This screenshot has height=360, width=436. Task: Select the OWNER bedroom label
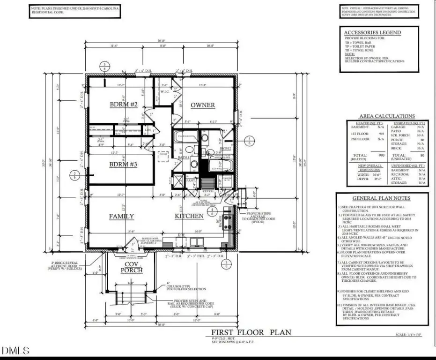203,105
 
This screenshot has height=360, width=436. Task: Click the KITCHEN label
189,216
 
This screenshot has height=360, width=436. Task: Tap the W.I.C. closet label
164,92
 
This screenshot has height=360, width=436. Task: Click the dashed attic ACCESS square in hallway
163,156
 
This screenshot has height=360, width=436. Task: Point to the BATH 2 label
225,148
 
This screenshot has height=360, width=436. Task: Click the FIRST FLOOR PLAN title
251,332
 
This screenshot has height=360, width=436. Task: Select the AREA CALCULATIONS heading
386,116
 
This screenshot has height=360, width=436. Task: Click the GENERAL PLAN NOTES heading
381,198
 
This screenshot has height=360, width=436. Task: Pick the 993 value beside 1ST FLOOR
381,134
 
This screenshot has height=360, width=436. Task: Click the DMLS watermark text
15,350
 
